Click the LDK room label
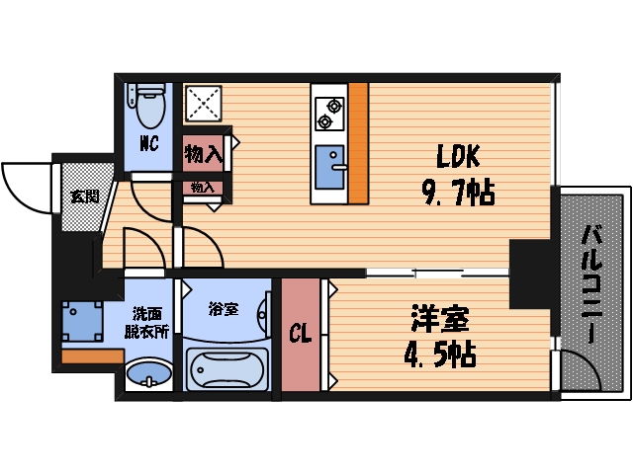458,156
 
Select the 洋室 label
440,320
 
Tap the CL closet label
300,335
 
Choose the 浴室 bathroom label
224,309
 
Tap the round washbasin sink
147,376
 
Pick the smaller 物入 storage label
203,188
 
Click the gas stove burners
328,113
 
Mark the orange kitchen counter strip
357,142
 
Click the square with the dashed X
205,104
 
